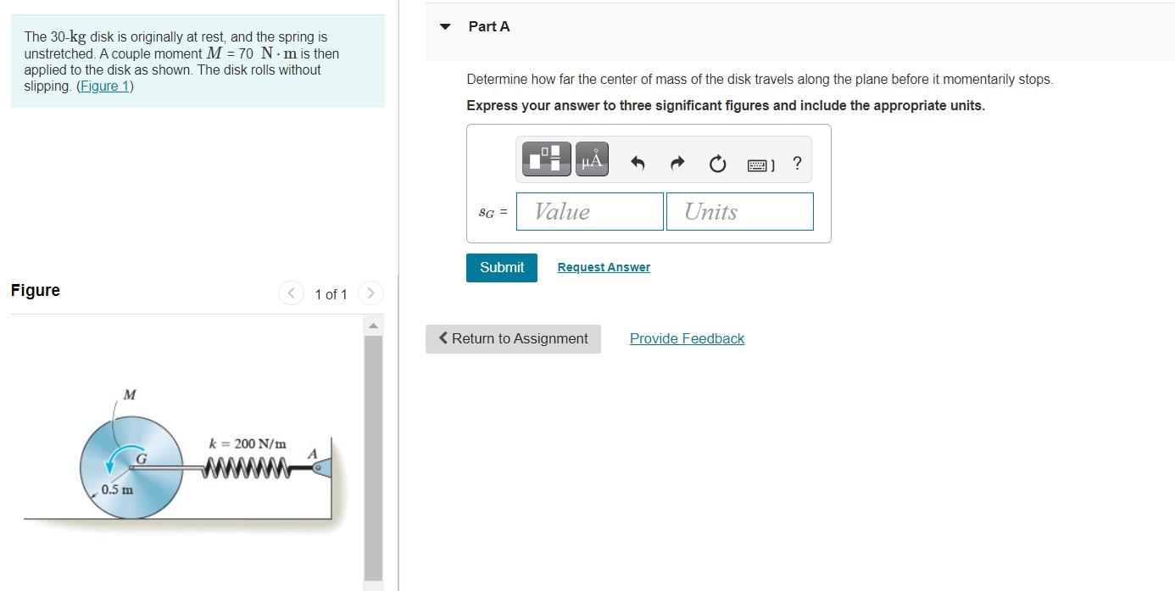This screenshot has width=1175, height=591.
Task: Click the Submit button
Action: tap(501, 267)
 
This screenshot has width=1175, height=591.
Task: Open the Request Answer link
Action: tap(604, 267)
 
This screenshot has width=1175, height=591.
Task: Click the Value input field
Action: tap(589, 211)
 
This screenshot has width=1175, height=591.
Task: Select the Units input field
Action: tap(739, 211)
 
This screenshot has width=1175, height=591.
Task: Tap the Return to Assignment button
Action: tap(513, 338)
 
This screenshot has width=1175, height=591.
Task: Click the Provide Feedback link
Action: tap(687, 338)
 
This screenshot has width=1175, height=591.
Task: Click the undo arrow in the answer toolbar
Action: tap(638, 164)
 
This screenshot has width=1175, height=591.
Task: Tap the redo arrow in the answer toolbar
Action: tap(677, 164)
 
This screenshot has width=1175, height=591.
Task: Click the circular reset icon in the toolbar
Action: tap(717, 164)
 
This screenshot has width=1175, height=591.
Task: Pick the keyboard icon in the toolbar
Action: tap(760, 164)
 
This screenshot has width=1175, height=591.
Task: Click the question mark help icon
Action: tap(796, 164)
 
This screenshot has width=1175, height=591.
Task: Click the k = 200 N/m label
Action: tap(248, 443)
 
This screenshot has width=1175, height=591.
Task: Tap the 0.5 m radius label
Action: tap(117, 489)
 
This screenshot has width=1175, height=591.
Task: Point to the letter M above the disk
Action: tap(129, 394)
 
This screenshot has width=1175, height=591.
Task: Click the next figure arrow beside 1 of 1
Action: tap(370, 293)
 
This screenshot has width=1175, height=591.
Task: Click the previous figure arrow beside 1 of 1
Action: tap(290, 293)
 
